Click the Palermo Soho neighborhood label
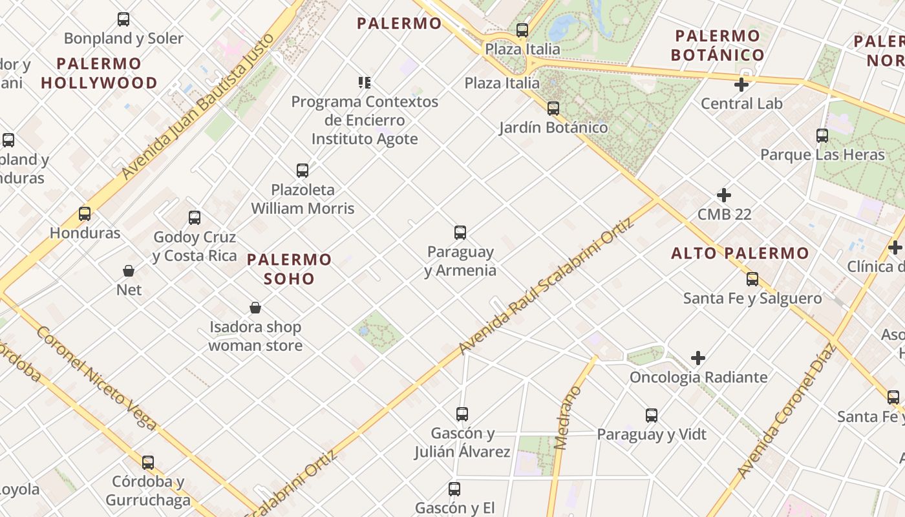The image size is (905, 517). click(x=290, y=269)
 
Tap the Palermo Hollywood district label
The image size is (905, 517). click(x=99, y=73)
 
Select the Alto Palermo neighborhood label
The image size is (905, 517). click(x=740, y=253)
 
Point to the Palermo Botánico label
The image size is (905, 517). click(x=718, y=45)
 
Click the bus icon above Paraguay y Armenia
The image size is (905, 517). click(x=460, y=233)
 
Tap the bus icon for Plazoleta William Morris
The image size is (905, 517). click(x=303, y=171)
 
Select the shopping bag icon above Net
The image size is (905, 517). click(x=129, y=271)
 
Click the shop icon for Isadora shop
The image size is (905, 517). click(x=255, y=308)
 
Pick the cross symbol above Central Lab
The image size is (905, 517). click(x=741, y=85)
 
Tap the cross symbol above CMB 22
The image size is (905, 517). click(x=724, y=195)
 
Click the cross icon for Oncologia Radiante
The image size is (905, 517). click(x=698, y=358)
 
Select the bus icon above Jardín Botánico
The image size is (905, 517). click(x=553, y=109)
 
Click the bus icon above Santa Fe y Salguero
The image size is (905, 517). click(x=752, y=279)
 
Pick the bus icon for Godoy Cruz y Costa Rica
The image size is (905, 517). click(x=195, y=218)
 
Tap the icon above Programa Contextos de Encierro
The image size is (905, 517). click(x=365, y=83)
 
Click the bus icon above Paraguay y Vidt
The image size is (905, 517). click(x=652, y=416)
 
